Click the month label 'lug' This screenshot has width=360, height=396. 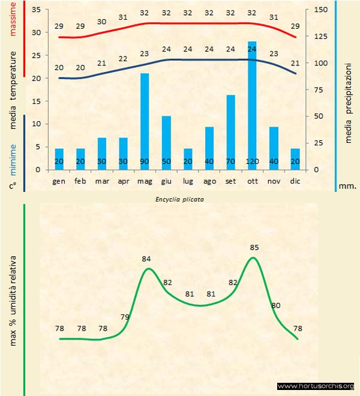(188, 180)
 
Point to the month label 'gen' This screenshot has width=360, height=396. (59, 180)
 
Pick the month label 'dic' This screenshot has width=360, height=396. (295, 180)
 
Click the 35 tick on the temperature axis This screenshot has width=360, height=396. (35, 10)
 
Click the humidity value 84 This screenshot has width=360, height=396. (146, 259)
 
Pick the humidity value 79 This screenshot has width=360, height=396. (125, 317)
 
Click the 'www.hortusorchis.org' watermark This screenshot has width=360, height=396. (316, 386)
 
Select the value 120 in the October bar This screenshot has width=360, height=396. (252, 161)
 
